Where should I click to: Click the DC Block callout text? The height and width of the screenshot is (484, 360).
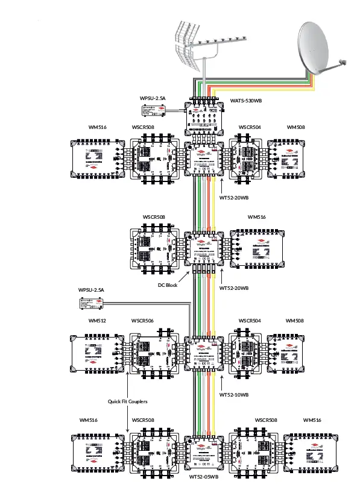pos(167,285)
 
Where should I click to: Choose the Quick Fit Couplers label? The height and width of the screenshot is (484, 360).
pos(127,401)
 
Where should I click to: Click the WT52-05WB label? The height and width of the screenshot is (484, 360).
pos(204,477)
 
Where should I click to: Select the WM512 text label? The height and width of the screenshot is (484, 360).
pos(97,321)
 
